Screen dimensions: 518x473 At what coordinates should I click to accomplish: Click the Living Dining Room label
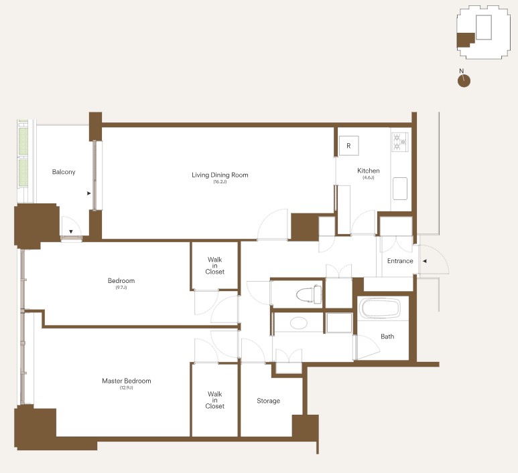(x=220, y=175)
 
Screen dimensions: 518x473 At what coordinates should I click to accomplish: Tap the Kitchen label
(x=369, y=171)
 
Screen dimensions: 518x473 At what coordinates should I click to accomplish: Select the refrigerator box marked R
(x=349, y=145)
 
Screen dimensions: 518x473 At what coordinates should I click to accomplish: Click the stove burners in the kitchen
(x=400, y=142)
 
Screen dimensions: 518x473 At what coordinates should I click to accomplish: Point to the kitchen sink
(x=400, y=189)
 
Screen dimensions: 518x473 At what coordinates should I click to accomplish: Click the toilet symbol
(x=309, y=294)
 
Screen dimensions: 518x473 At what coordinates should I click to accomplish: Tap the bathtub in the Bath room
(x=380, y=308)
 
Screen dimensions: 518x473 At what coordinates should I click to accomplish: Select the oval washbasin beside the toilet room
(x=299, y=323)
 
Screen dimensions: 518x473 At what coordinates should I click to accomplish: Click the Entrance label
(x=400, y=261)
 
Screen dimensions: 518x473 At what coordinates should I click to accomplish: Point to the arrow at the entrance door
(x=425, y=261)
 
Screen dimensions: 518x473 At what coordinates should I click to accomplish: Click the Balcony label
(x=64, y=172)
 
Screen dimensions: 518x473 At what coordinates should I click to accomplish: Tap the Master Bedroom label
(x=127, y=381)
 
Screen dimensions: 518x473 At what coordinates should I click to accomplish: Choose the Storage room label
(x=268, y=401)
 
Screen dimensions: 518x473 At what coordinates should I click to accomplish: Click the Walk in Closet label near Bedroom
(x=214, y=266)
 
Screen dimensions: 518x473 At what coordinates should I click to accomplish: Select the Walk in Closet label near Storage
(x=214, y=400)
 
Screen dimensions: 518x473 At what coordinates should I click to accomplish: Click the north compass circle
(x=464, y=81)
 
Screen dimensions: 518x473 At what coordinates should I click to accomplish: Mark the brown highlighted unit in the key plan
(x=465, y=39)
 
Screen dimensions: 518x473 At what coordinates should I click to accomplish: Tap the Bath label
(x=387, y=337)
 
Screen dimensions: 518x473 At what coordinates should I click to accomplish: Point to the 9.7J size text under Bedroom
(x=121, y=288)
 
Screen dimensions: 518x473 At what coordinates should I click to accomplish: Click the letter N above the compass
(x=462, y=71)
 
